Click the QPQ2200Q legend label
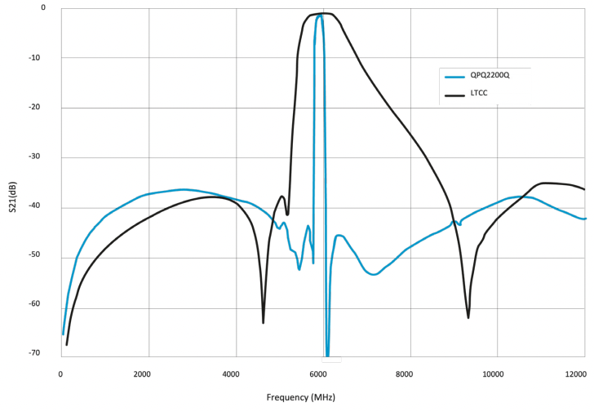point(490,75)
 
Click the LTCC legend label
point(480,95)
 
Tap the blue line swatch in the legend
point(454,76)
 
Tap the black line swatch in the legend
point(454,95)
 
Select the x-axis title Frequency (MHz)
point(300,397)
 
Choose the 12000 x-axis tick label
point(574,374)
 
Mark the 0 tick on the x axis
point(61,374)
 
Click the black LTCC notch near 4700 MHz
point(264,322)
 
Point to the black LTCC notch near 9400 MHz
point(468,316)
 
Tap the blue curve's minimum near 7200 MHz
point(373,274)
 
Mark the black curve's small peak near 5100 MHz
point(281,197)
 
